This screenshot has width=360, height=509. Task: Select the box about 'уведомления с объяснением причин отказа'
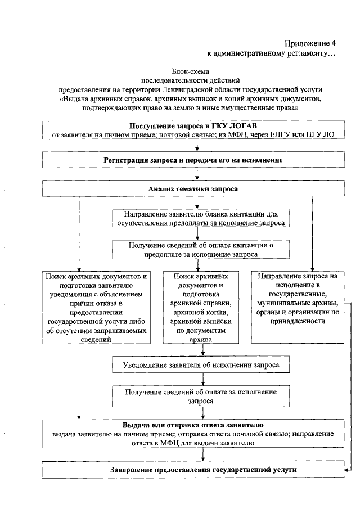tap(97, 307)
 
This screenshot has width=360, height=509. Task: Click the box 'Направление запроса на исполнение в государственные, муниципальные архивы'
tap(298, 307)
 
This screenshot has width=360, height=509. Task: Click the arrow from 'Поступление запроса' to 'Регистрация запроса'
tap(196, 146)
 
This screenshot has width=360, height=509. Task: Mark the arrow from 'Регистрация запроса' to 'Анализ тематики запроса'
tap(196, 174)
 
